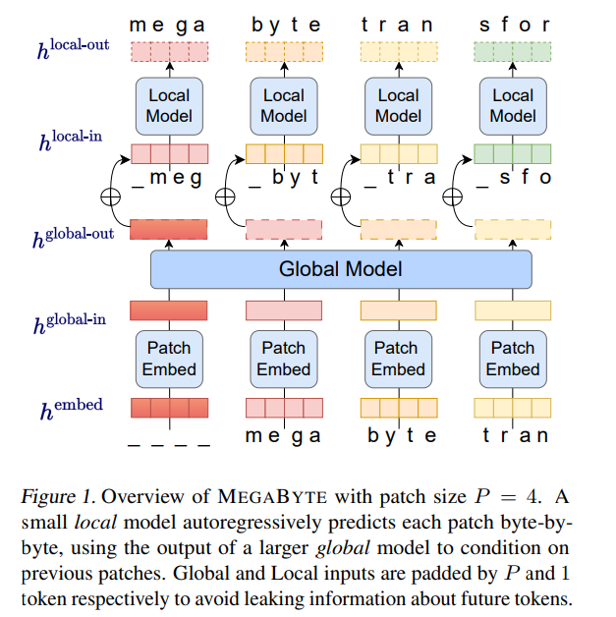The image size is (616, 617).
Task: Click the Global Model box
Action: pyautogui.click(x=340, y=268)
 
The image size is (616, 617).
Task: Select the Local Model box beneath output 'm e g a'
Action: pyautogui.click(x=169, y=106)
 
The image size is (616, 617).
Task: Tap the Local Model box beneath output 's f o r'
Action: pyautogui.click(x=513, y=106)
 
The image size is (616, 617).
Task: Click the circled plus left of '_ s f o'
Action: pyautogui.click(x=456, y=196)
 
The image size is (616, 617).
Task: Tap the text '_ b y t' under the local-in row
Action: pyautogui.click(x=284, y=178)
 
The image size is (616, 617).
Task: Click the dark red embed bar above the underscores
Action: pyautogui.click(x=169, y=407)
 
